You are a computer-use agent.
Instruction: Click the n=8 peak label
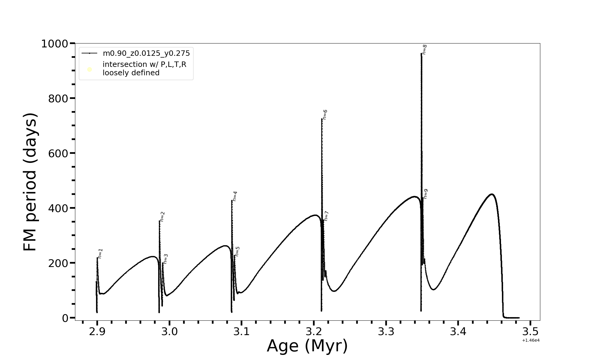424,49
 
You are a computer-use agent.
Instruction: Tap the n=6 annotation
325,115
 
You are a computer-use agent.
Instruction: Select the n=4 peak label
235,196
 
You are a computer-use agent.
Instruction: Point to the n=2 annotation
162,217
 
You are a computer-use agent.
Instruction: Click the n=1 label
100,253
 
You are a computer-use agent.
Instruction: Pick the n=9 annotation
425,194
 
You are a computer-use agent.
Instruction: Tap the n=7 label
326,216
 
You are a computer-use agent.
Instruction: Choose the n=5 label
237,251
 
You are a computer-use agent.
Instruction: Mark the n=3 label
166,259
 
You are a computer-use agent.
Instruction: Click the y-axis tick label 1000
55,44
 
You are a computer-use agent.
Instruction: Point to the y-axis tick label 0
65,318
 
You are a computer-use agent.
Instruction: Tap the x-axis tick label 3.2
314,332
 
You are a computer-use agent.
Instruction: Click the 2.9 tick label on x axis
97,332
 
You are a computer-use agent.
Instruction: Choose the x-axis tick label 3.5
530,332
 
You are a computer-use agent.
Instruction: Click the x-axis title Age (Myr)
307,346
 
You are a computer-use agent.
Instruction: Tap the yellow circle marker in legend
89,70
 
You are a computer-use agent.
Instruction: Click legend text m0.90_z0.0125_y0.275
146,53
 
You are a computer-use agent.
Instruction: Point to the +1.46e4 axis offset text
531,340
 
